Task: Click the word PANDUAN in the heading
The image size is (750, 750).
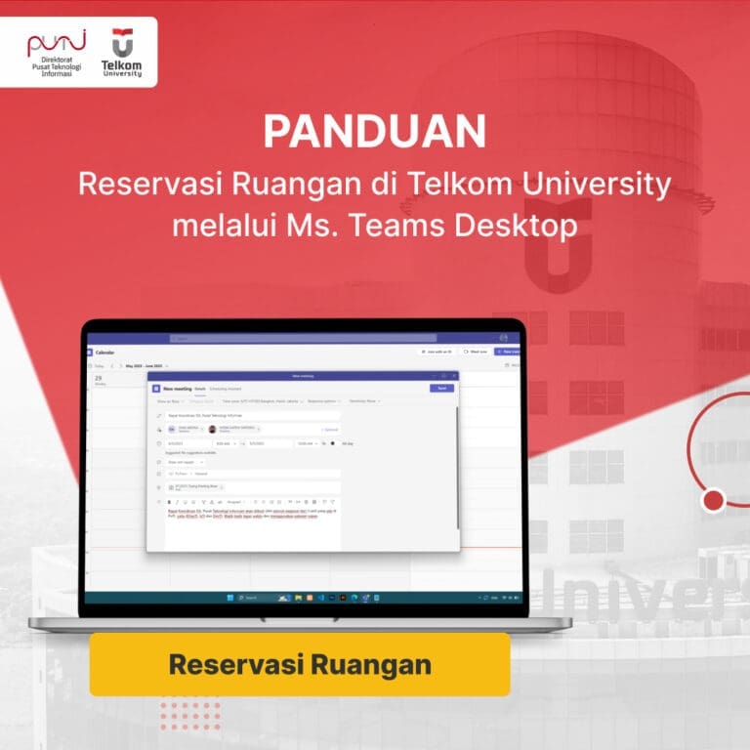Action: pyautogui.click(x=375, y=132)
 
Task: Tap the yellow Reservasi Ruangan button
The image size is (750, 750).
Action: pyautogui.click(x=300, y=664)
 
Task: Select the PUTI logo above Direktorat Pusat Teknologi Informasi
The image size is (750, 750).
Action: pyautogui.click(x=57, y=43)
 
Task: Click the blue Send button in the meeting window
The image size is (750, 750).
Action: pyautogui.click(x=441, y=388)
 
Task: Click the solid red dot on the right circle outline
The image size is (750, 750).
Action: pyautogui.click(x=713, y=501)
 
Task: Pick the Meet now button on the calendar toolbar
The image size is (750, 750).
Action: pyautogui.click(x=476, y=352)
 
